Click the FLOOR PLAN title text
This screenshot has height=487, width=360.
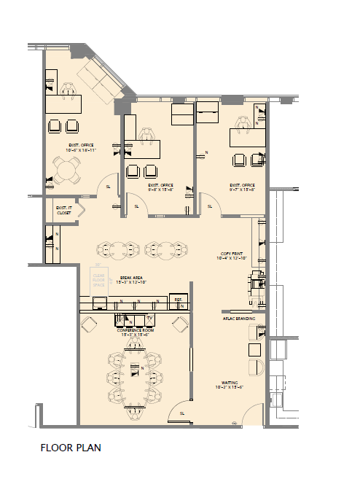[x=70, y=448]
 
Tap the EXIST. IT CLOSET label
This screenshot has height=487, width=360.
[x=64, y=211]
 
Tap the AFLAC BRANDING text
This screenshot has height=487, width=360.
[x=238, y=319]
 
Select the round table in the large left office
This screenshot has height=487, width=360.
[x=67, y=171]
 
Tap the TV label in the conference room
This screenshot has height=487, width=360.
[x=149, y=319]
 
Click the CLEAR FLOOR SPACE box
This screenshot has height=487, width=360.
[x=99, y=280]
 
